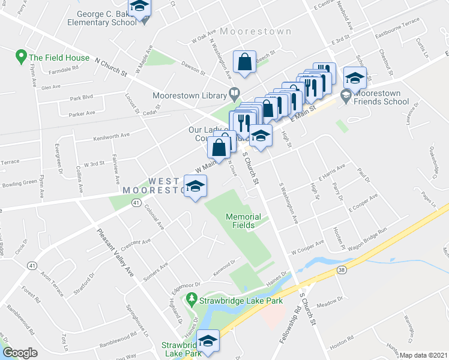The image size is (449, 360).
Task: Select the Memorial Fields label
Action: [x=243, y=221]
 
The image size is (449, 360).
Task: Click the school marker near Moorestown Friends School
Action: [x=355, y=79]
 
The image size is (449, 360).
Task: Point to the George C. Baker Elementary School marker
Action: [x=140, y=8]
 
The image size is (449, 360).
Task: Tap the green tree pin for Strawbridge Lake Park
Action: [x=191, y=298]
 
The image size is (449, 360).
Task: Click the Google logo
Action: [x=20, y=353]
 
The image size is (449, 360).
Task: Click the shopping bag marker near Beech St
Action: [x=245, y=63]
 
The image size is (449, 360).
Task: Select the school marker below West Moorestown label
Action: [x=195, y=188]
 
